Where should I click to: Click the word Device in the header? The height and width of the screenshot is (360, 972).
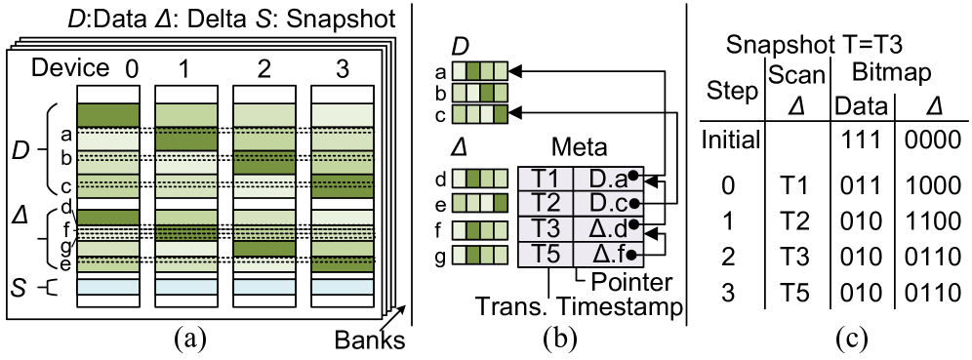pos(69,67)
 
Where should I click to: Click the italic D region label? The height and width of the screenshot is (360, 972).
pos(20,151)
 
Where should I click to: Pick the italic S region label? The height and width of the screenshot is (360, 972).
pos(19,287)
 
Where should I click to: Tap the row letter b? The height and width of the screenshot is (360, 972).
pos(66,158)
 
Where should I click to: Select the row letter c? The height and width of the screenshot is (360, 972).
pos(66,186)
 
